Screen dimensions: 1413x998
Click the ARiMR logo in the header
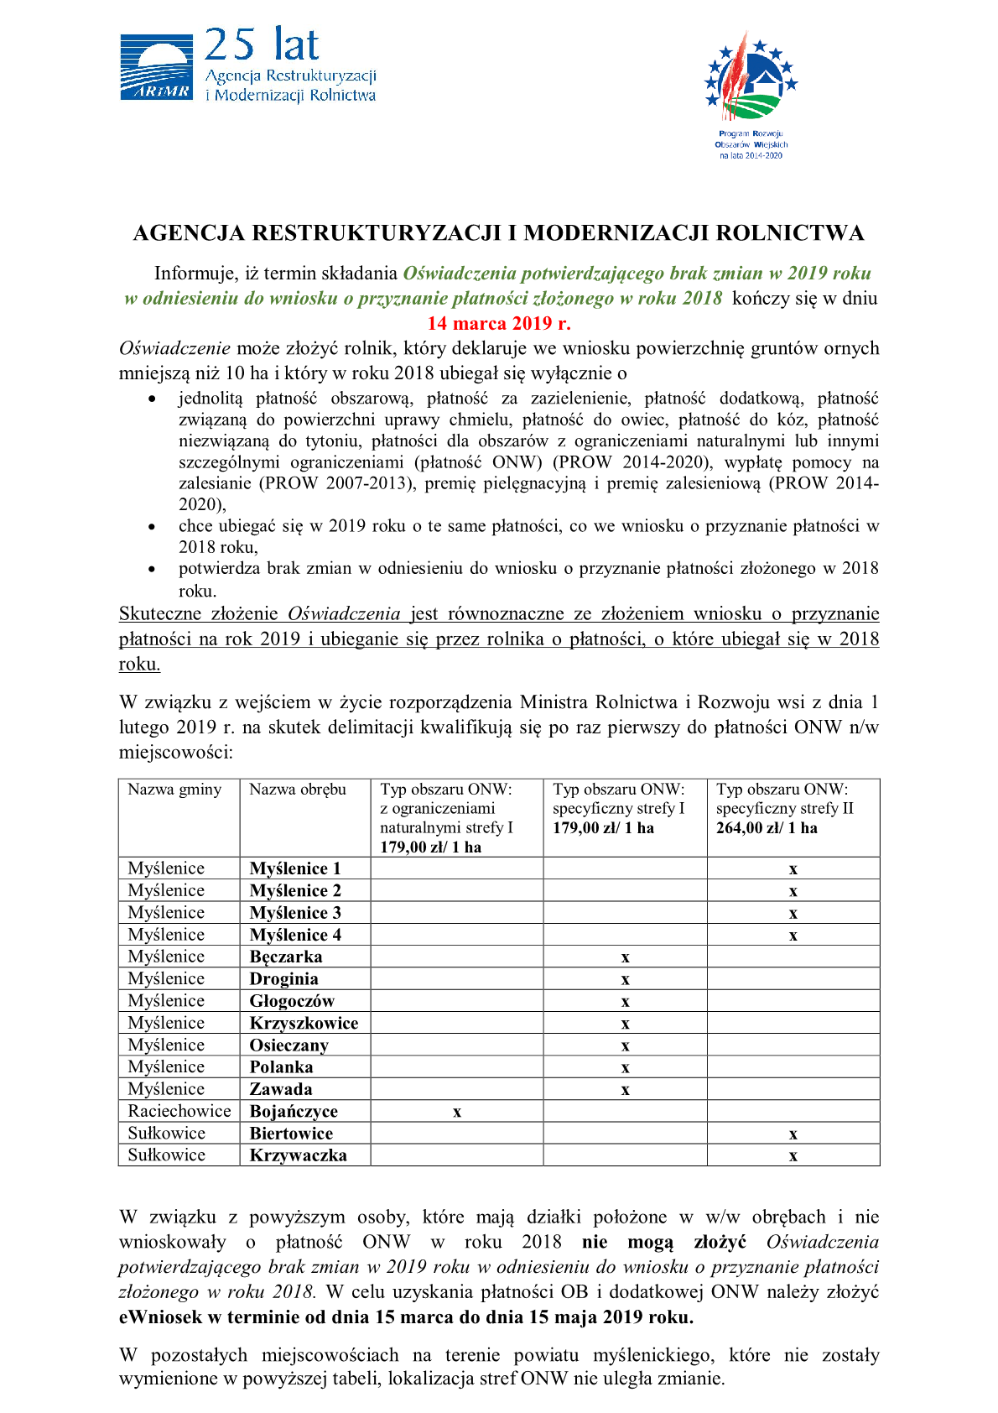(x=156, y=67)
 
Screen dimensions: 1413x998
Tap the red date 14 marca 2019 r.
(x=499, y=324)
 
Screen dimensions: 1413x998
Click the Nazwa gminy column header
(x=174, y=790)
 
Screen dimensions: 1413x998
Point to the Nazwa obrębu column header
(x=298, y=790)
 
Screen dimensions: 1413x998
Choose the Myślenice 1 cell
(x=295, y=868)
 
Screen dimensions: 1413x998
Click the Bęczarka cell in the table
(x=286, y=957)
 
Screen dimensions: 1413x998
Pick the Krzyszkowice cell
(x=304, y=1023)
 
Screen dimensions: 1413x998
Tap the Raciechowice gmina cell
(x=179, y=1111)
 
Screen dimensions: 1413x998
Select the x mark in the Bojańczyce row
(x=457, y=1113)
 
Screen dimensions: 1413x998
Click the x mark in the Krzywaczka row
(x=793, y=1156)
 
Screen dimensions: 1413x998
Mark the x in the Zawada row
(x=625, y=1090)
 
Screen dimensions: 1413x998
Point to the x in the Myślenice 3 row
(x=793, y=914)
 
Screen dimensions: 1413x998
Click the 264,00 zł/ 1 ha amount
(x=767, y=828)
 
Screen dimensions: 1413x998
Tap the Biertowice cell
(x=291, y=1134)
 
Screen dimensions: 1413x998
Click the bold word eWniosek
(x=160, y=1317)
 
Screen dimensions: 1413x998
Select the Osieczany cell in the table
(x=289, y=1045)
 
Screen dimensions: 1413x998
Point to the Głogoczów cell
(x=292, y=1001)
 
